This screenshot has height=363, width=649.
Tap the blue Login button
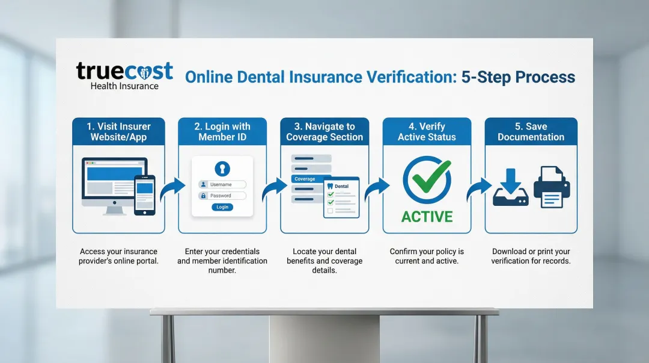coord(222,207)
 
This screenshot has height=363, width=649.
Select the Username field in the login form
coord(222,185)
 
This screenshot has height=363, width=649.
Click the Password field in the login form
coord(222,196)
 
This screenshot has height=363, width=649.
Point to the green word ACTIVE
coord(427,217)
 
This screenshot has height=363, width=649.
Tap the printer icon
coord(552,187)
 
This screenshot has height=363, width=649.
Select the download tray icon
coord(511,187)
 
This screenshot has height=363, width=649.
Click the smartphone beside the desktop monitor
coord(144,195)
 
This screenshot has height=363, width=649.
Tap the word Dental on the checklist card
coord(341,186)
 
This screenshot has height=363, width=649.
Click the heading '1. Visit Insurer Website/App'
coord(119,131)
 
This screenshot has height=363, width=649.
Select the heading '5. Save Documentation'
coord(531,131)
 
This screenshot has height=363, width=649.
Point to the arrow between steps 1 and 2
coord(172,189)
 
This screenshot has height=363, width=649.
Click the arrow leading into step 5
coord(480,189)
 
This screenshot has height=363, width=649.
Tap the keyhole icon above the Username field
coord(222,169)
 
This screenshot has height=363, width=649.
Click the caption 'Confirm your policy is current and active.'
coord(427,256)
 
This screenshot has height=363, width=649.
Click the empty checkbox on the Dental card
coord(331,211)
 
